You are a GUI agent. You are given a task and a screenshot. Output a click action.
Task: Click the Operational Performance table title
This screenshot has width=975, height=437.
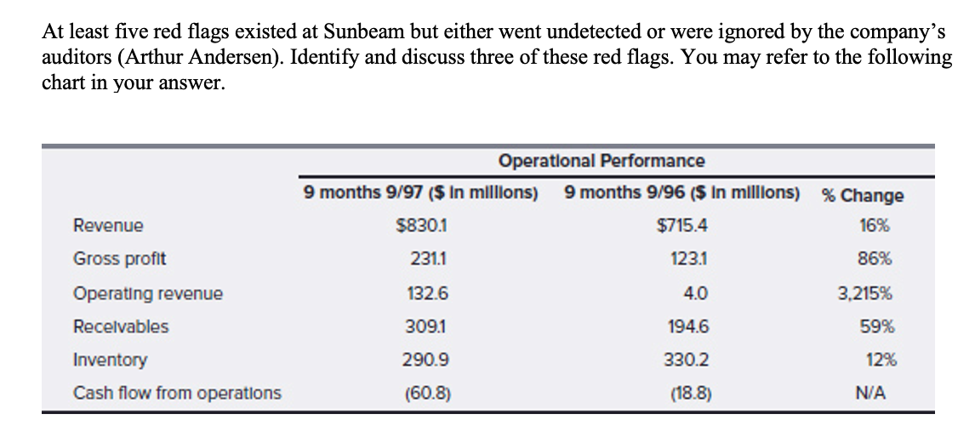[602, 161]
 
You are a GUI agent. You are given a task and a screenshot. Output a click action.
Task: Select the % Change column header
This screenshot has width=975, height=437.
[862, 195]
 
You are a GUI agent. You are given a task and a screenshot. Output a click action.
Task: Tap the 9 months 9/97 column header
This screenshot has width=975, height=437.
[420, 193]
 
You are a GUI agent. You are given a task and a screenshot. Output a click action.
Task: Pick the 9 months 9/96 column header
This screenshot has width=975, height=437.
[681, 193]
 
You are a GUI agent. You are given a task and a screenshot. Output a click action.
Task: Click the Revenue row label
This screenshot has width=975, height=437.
[108, 226]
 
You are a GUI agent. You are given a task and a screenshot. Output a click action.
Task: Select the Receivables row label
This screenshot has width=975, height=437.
[121, 326]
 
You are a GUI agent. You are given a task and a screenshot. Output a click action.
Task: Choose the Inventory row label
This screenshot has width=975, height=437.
[110, 360]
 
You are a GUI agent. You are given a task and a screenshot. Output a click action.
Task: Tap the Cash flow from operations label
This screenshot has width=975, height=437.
[177, 393]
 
